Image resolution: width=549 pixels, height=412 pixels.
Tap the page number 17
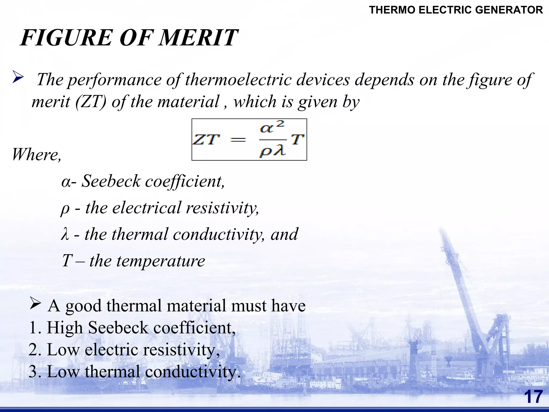pyautogui.click(x=533, y=397)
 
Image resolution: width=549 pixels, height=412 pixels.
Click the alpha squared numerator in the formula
pyautogui.click(x=272, y=127)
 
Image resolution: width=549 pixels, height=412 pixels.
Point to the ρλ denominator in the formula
pyautogui.click(x=272, y=152)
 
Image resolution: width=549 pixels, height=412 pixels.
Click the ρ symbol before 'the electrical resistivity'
pyautogui.click(x=65, y=208)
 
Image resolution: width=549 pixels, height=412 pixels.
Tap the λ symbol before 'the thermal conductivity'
pyautogui.click(x=65, y=234)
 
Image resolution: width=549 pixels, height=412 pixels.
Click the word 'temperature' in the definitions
pyautogui.click(x=161, y=261)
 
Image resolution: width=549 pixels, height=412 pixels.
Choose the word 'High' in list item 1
pyautogui.click(x=65, y=328)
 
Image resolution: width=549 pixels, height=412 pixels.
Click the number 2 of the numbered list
pyautogui.click(x=34, y=350)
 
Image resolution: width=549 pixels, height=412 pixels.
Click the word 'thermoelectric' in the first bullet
pyautogui.click(x=238, y=80)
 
